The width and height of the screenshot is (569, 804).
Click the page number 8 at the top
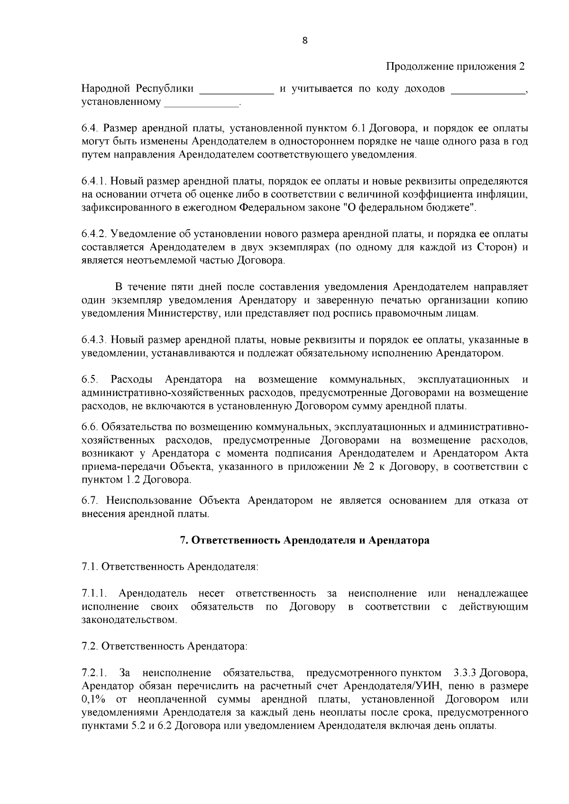(x=305, y=40)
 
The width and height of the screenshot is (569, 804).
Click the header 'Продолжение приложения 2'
(x=456, y=66)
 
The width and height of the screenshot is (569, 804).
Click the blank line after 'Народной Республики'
(x=237, y=91)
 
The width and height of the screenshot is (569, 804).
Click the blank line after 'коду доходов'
(x=487, y=91)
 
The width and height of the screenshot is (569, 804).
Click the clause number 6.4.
(x=90, y=128)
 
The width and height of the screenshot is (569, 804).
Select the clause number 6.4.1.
(x=93, y=181)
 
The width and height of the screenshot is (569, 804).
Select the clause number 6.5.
(x=90, y=379)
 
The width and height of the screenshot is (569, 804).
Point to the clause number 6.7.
(x=90, y=501)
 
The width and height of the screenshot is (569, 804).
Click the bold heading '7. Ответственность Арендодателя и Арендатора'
(x=305, y=540)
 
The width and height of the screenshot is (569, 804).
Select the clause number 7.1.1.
(x=94, y=594)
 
